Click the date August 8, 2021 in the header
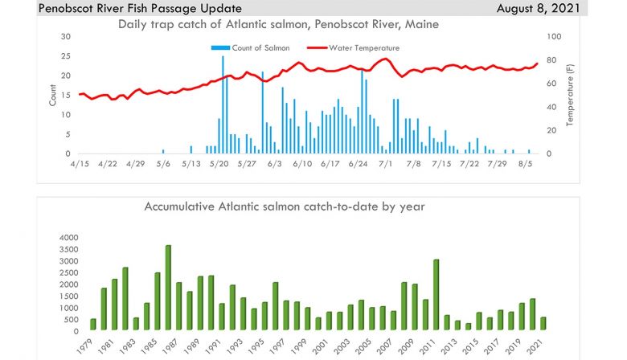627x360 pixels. pyautogui.click(x=553, y=8)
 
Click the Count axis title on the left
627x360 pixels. pyautogui.click(x=53, y=96)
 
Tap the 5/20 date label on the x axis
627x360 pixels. pyautogui.click(x=219, y=164)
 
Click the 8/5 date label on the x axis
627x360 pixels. pyautogui.click(x=526, y=164)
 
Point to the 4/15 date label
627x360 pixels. pyautogui.click(x=78, y=164)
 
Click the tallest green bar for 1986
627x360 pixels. pyautogui.click(x=168, y=288)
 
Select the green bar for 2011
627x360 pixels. pyautogui.click(x=436, y=294)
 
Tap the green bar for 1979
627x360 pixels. pyautogui.click(x=92, y=324)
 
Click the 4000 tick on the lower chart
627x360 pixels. pyautogui.click(x=68, y=238)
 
